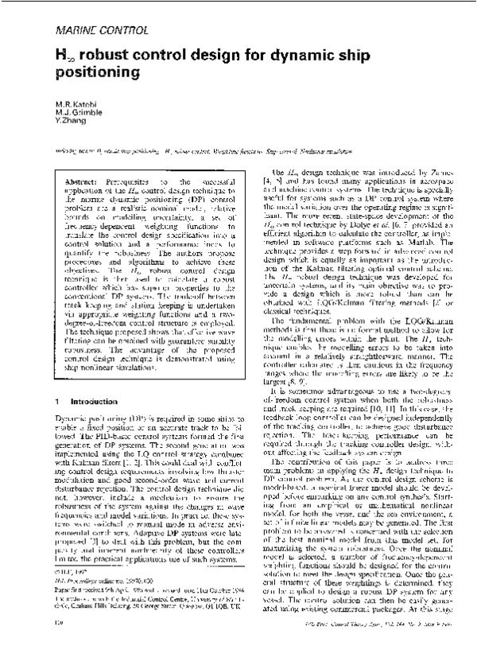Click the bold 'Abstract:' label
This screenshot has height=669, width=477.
coord(68,182)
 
